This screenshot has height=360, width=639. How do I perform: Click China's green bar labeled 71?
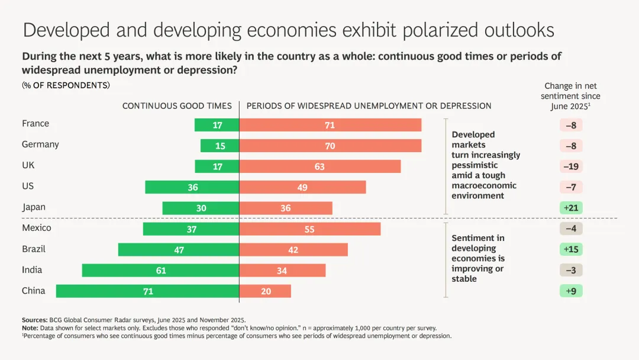pos(147,291)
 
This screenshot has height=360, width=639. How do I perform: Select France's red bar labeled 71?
pos(330,125)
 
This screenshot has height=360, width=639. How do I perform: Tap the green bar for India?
pos(160,271)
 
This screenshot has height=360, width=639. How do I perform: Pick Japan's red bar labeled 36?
pos(286,208)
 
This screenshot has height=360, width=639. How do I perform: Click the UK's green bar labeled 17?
pos(217,166)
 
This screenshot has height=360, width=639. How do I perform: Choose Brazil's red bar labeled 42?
pos(293,250)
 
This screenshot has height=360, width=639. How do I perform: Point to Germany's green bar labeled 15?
pos(220,146)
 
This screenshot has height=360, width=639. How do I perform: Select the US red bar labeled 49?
pos(302,187)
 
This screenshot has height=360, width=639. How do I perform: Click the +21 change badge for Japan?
pos(571,208)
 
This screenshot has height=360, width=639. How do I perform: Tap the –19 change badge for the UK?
pos(571,166)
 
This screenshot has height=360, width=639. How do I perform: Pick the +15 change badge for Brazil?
pos(571,249)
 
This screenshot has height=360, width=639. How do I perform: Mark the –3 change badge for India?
pos(571,270)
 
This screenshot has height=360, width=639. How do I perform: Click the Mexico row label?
pos(37,228)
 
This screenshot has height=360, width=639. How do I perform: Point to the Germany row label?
pos(40,144)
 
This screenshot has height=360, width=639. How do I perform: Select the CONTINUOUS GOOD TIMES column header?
pos(177,106)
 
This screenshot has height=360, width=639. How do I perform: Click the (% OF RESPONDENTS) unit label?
pos(66,85)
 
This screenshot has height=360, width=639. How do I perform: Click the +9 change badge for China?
pos(571,291)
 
